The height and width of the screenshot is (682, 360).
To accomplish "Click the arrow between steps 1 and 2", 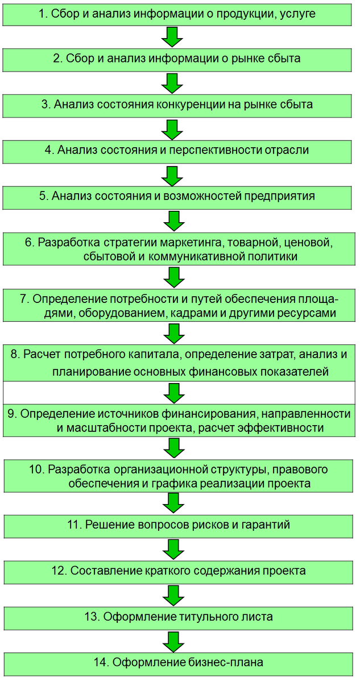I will (172, 37).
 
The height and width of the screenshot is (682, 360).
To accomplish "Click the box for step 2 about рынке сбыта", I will (180, 59).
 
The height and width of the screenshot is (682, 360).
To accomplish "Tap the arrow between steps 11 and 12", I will (172, 549).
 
